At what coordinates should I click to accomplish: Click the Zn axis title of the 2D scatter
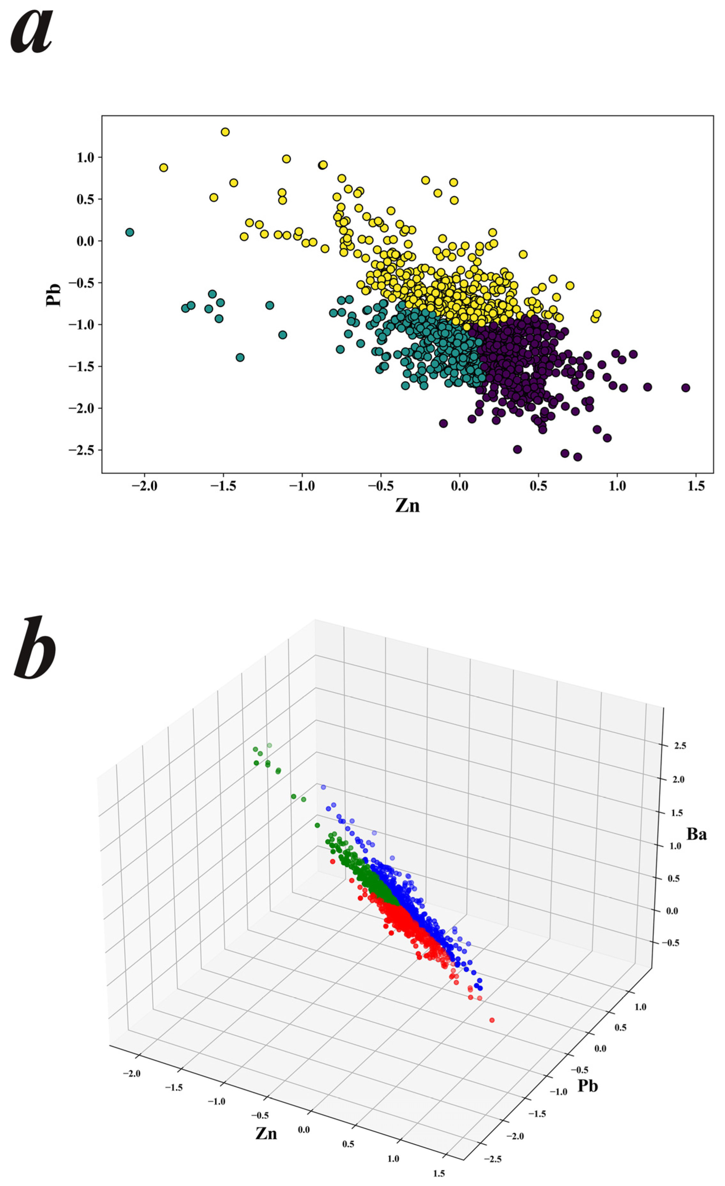(407, 505)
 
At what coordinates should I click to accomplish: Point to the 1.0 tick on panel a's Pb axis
(88, 157)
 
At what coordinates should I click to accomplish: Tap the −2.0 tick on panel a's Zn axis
(144, 486)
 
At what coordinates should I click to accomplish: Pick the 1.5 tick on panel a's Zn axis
(696, 486)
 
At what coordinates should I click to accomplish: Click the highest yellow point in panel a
(225, 132)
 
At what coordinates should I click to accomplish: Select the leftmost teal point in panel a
(129, 232)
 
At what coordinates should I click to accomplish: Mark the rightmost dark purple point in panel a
(685, 388)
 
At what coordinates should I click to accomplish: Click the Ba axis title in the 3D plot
(696, 834)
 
